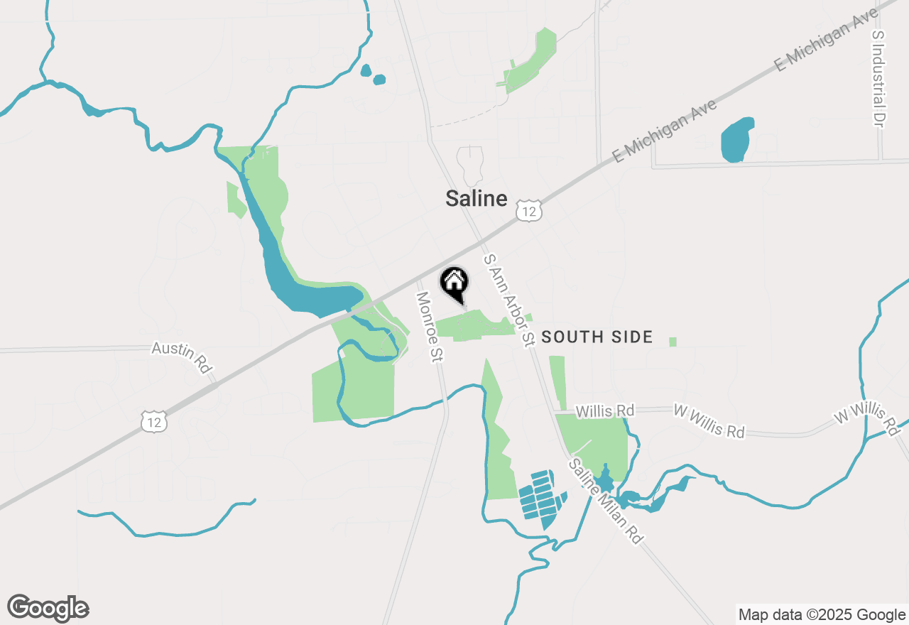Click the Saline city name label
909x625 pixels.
[476, 199]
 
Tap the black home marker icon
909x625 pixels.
[454, 283]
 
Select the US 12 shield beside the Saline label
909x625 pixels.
[530, 210]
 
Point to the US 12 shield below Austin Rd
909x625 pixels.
[154, 420]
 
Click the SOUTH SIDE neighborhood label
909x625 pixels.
[597, 337]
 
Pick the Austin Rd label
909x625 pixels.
[183, 357]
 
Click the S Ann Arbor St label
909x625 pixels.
[508, 300]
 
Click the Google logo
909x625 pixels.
[48, 608]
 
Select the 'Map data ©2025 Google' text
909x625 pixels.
[821, 614]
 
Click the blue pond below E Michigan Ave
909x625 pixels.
[737, 140]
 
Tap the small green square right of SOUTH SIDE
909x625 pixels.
[673, 342]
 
